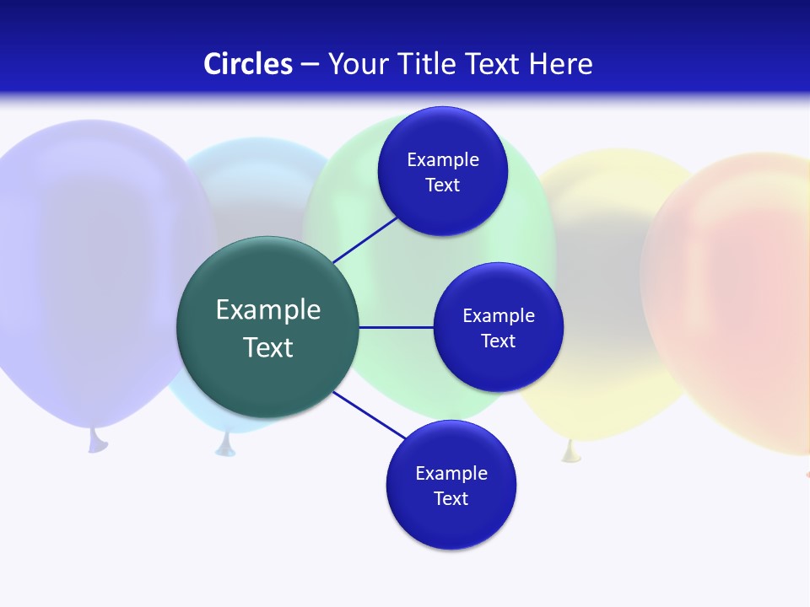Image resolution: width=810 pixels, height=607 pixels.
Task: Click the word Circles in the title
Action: [248, 64]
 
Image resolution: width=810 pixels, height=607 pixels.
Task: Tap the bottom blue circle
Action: [451, 523]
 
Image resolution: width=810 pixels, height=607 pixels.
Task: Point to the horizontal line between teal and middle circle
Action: [396, 327]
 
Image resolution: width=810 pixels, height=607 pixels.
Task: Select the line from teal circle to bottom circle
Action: [370, 415]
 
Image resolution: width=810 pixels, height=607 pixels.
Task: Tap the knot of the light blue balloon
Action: [224, 445]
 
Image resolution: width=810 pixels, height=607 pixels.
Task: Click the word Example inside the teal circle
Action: [267, 309]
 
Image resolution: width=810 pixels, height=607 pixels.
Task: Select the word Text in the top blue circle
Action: [442, 185]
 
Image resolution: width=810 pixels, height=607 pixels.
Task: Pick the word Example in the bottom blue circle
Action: [451, 473]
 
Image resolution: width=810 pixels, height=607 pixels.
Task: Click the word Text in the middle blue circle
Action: [498, 341]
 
